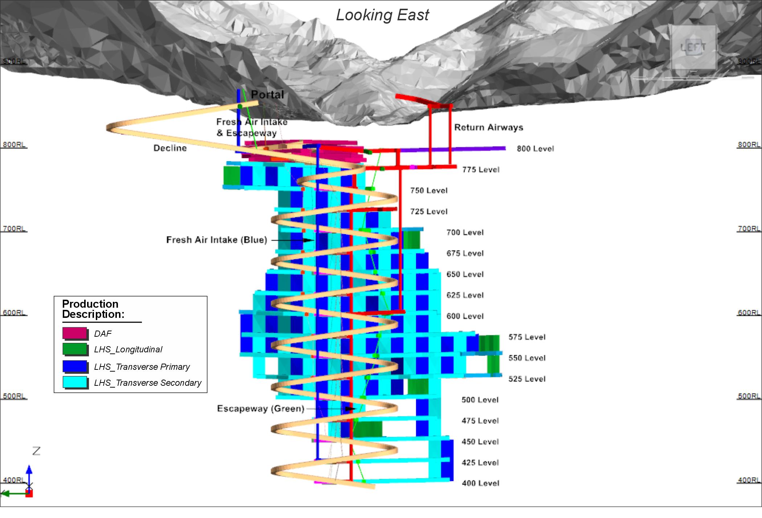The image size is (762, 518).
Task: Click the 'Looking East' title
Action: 382,15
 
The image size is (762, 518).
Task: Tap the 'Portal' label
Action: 267,94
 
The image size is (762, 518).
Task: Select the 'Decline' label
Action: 170,148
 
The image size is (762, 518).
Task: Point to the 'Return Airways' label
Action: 488,128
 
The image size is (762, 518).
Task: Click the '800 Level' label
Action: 535,149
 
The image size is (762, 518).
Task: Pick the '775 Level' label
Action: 481,170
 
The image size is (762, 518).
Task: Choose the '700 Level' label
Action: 465,232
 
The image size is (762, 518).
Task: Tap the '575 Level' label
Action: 527,337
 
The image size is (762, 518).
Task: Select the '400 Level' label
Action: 480,483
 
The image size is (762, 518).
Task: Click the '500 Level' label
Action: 480,400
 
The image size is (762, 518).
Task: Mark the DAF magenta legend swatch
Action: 75,333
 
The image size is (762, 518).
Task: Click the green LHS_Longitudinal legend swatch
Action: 75,349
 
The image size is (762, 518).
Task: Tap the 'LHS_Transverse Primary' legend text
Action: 142,367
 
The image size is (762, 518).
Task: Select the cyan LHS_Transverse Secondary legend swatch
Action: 75,383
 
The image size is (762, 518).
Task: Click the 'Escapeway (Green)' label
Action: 261,409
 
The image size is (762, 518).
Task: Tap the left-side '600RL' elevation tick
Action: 14,313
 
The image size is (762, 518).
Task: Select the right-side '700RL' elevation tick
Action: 749,229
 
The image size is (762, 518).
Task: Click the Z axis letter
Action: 36,451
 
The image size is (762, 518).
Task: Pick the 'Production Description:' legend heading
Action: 93,309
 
